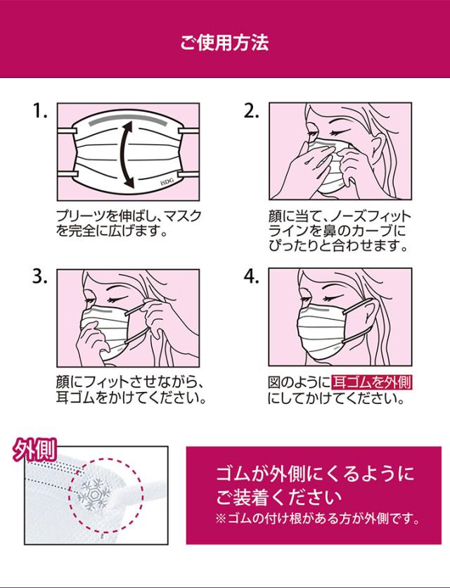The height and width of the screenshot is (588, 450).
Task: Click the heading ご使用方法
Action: (x=224, y=42)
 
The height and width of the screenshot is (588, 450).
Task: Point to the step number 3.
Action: (x=40, y=277)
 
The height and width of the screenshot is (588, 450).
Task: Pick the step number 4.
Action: (x=252, y=277)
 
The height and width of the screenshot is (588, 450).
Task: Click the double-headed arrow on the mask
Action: (x=124, y=155)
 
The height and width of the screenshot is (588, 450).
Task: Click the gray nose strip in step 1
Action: (x=127, y=122)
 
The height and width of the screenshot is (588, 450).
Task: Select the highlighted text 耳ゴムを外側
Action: (x=372, y=382)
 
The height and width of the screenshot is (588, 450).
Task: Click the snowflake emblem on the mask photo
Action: (x=92, y=495)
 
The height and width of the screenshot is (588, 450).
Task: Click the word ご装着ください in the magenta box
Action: (x=279, y=497)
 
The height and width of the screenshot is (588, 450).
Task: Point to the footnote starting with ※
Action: (x=318, y=519)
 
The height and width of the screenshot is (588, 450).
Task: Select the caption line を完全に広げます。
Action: (x=112, y=231)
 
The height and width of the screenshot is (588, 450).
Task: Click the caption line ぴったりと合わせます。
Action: (x=338, y=246)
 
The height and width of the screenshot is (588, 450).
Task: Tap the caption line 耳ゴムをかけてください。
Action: (x=131, y=398)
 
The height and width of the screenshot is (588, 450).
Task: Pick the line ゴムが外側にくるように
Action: (x=315, y=474)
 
